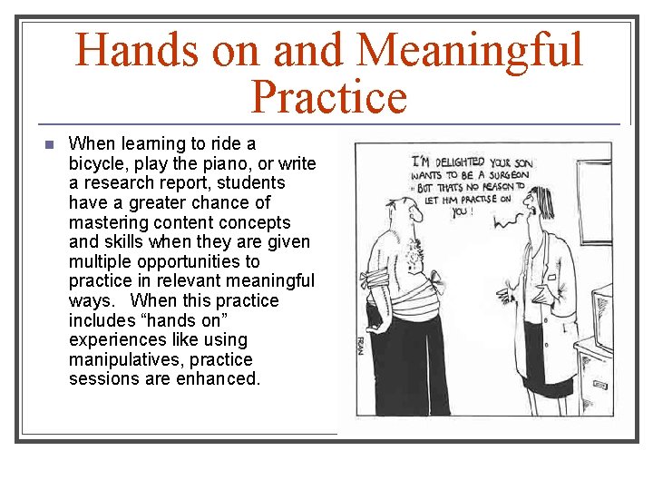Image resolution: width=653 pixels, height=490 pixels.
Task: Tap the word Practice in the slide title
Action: (x=328, y=97)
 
